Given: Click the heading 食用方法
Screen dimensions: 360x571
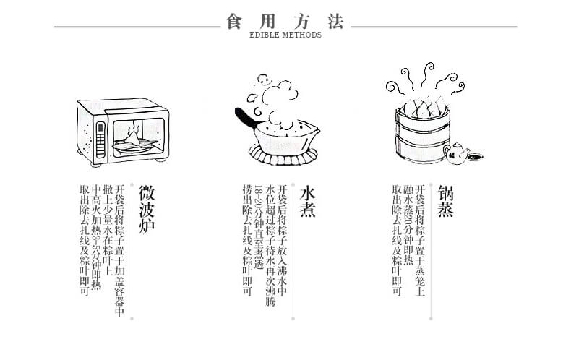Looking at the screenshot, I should click(285, 21).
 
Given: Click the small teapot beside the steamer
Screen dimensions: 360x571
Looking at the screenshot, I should click(458, 153).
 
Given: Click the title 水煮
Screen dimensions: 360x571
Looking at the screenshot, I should click(308, 198).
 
